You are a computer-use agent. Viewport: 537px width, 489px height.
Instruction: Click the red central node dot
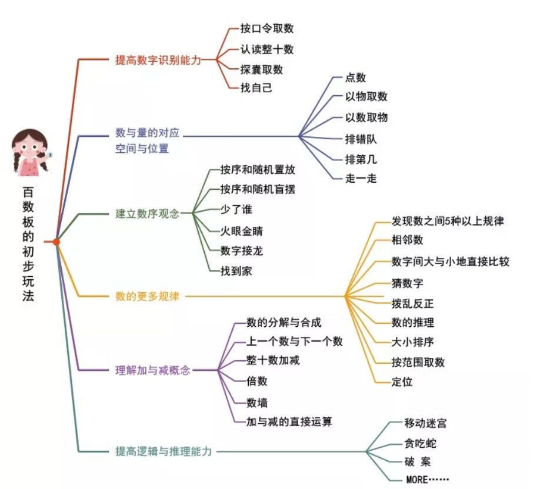click(56, 242)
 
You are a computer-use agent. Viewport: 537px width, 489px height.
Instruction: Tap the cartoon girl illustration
click(31, 153)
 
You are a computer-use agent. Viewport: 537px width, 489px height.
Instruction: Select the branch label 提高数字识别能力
click(158, 60)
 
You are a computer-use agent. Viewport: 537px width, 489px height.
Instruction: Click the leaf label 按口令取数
click(267, 28)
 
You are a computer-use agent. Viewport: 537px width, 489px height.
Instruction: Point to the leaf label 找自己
click(256, 88)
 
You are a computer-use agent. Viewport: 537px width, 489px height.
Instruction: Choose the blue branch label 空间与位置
click(142, 149)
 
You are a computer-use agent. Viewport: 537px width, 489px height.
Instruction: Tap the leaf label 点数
click(355, 78)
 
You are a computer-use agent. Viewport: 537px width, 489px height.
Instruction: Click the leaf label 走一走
click(361, 178)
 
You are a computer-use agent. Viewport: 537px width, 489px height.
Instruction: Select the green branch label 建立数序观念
click(147, 214)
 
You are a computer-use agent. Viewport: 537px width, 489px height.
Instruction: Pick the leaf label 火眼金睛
click(242, 231)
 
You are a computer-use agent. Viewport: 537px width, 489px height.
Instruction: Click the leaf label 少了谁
click(236, 209)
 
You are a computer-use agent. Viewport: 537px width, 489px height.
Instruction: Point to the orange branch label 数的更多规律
click(147, 296)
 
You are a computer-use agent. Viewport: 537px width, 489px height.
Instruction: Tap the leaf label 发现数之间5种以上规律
click(448, 221)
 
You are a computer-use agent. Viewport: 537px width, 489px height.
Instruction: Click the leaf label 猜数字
click(408, 283)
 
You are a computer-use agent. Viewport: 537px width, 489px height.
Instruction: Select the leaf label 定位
click(402, 381)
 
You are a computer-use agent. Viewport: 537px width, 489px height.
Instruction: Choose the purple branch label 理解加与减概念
click(153, 370)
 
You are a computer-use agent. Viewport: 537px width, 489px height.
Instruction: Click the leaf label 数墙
click(257, 403)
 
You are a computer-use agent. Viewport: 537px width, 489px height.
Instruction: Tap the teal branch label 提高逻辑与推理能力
click(164, 451)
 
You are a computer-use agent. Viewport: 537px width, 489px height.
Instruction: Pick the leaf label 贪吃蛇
click(420, 444)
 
